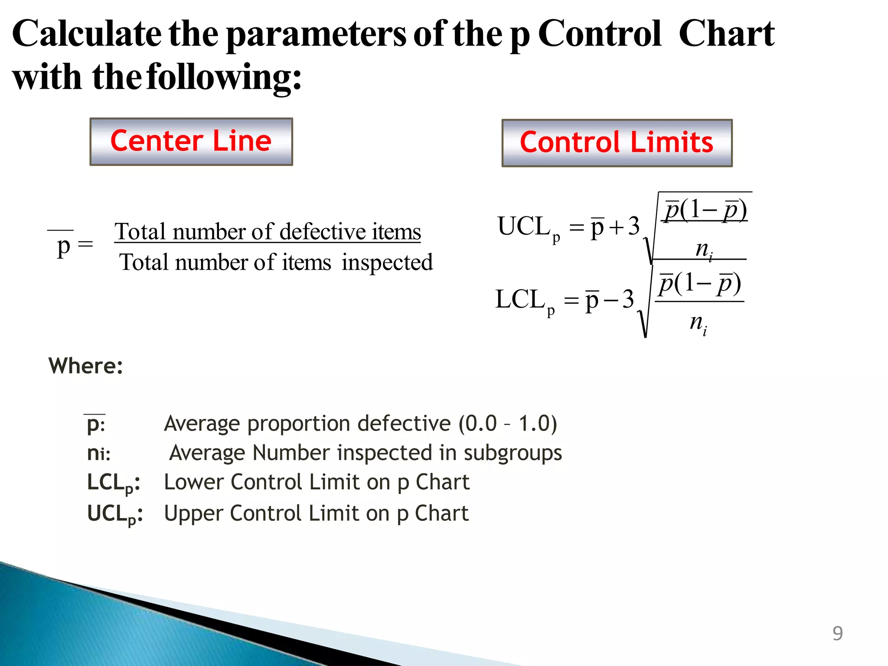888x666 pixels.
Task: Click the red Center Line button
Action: (x=191, y=141)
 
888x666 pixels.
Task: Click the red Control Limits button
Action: (x=617, y=143)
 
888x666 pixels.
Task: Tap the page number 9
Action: (x=837, y=633)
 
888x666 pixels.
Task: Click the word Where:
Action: (x=86, y=366)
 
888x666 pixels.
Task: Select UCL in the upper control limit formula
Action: (x=523, y=226)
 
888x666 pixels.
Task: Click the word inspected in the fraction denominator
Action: (x=387, y=262)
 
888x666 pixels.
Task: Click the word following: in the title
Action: (x=224, y=77)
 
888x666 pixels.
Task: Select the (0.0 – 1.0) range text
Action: (x=508, y=423)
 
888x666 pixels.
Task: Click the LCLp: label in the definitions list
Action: (x=114, y=483)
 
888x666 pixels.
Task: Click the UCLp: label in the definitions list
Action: (x=114, y=514)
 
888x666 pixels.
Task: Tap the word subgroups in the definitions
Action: (x=513, y=453)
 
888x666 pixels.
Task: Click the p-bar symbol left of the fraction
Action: (x=63, y=246)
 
